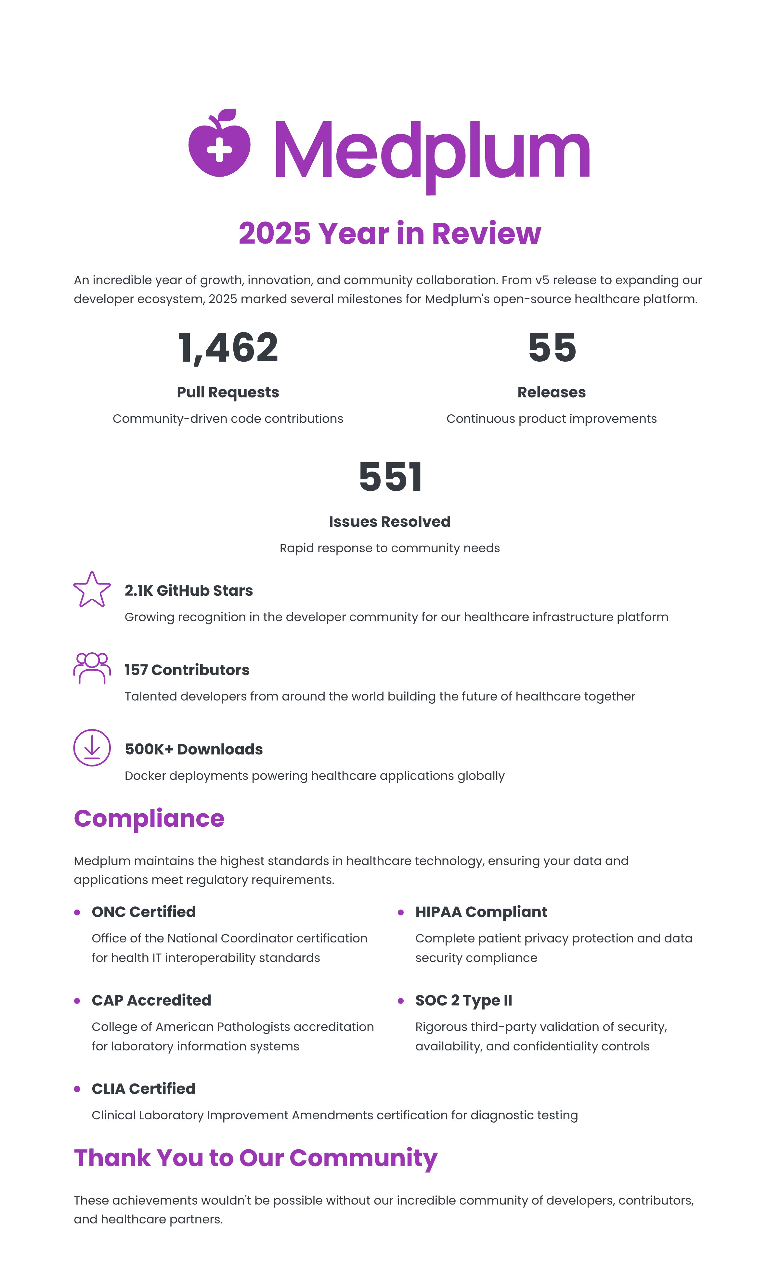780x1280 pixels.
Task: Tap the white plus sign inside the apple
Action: point(219,151)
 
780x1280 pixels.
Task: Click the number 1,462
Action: point(228,348)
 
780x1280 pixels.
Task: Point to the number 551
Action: point(390,477)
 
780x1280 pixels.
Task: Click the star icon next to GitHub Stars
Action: point(92,590)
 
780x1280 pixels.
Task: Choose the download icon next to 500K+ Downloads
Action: point(92,748)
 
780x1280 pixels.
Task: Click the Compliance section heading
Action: point(149,819)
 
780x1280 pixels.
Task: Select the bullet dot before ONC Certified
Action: point(77,913)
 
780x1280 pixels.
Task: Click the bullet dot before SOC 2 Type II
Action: point(400,1001)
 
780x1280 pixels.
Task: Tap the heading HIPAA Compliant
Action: point(481,912)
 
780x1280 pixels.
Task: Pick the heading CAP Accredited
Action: point(151,1001)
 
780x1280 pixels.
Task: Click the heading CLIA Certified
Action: point(143,1089)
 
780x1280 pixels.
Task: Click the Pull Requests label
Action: point(228,392)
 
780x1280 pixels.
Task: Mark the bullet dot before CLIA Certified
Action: point(77,1089)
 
